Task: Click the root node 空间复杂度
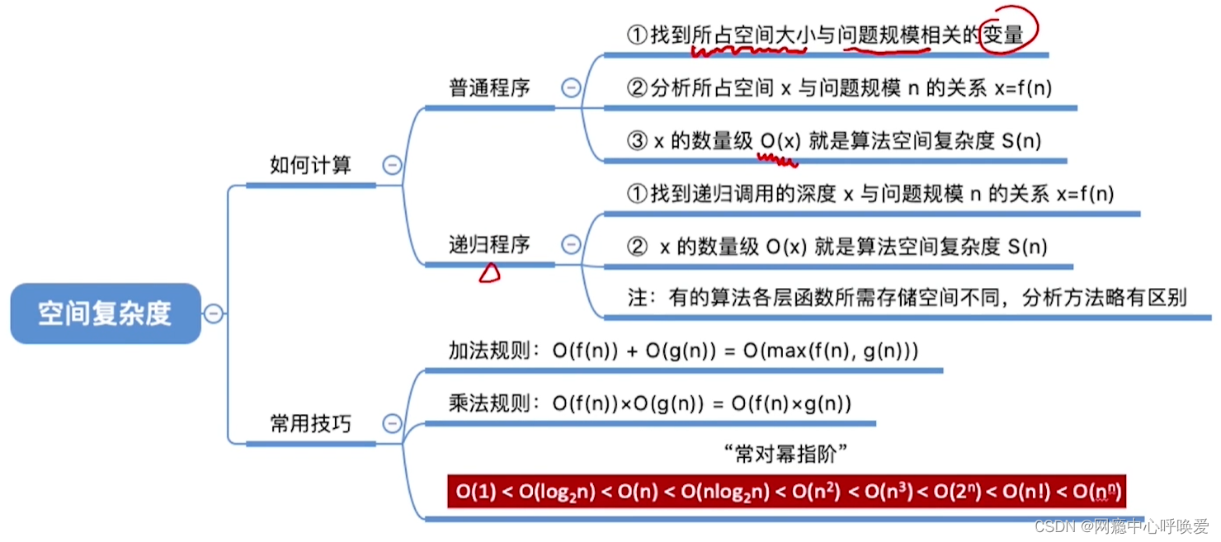[105, 313]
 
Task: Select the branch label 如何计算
[310, 165]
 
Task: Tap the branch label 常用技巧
[310, 424]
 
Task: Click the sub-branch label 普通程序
[489, 88]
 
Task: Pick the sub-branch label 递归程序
[489, 244]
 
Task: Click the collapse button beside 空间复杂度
[214, 313]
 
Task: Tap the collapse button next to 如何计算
[393, 166]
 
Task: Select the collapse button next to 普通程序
[571, 88]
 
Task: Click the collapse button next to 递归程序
[571, 244]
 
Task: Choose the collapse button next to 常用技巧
[393, 424]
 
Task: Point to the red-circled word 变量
[1002, 34]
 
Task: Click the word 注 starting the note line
[637, 298]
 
